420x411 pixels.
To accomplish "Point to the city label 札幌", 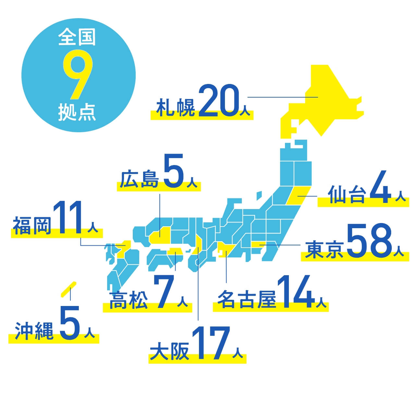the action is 176,108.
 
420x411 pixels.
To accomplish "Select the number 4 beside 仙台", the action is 381,188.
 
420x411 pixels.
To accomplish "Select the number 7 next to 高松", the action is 165,292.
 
